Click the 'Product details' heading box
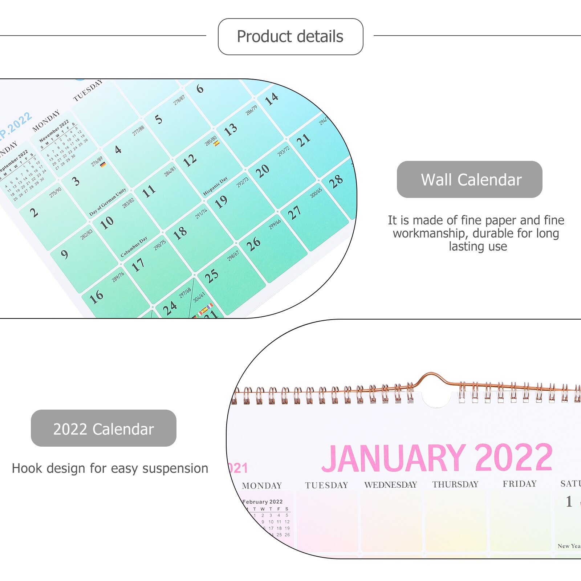pos(290,37)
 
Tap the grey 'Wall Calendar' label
pos(469,179)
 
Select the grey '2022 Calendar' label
pos(103,428)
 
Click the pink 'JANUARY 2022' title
pos(437,458)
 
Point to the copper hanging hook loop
pos(431,378)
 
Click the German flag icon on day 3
pos(103,164)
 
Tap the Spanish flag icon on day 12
pos(216,143)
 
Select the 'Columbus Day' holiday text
pos(134,247)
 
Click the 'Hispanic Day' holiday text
pos(215,186)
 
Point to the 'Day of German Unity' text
pos(108,202)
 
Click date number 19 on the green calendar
pos(221,202)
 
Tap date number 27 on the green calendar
pos(294,213)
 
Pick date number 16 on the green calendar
pos(96,297)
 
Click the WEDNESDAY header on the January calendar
pos(390,485)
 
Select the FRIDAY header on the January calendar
pos(519,484)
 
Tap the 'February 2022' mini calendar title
pos(263,501)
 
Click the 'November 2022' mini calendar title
pos(54,131)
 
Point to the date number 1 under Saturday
pos(569,501)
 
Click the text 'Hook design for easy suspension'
pos(110,468)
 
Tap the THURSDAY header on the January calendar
pos(455,484)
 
